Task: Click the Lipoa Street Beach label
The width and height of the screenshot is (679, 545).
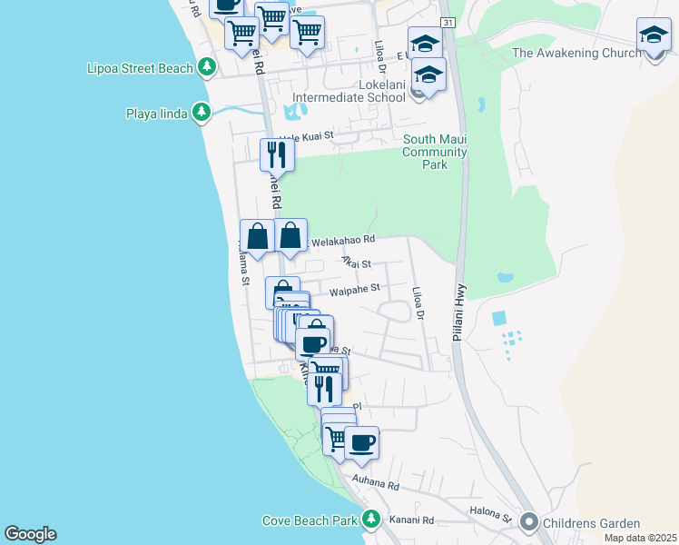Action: pos(140,68)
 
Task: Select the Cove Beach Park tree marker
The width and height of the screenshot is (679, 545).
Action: pos(370,520)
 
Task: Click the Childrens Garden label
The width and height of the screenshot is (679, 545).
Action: pos(591,523)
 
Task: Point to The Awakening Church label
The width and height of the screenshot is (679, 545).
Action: pos(576,54)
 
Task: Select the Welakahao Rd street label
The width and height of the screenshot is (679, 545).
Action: pos(343,240)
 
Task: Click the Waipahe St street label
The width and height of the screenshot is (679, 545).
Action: pos(353,290)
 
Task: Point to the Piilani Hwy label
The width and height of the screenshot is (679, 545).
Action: pos(461,312)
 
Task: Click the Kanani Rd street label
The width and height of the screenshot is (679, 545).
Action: pos(411,520)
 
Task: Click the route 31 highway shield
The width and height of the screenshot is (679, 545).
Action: pos(448,22)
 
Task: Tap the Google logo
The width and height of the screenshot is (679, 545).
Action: pos(30,534)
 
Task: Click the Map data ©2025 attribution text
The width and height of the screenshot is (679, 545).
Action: pos(640,538)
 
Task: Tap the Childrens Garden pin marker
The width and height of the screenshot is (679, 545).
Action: pos(528,522)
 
